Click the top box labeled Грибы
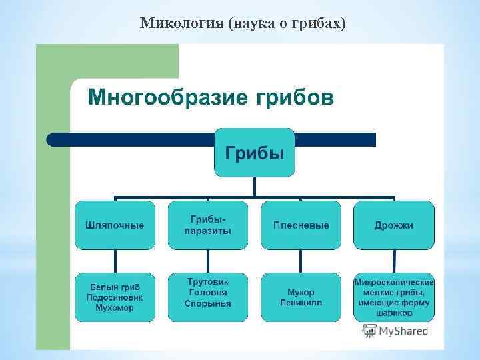254,153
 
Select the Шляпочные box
114,225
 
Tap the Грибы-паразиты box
207,225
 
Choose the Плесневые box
301,225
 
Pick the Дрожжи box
393,225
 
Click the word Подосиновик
114,297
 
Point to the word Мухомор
114,308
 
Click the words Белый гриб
114,287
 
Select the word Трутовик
207,282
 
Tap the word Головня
207,292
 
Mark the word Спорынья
207,303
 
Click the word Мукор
301,292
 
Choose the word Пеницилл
301,303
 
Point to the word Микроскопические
394,282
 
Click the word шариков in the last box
394,313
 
